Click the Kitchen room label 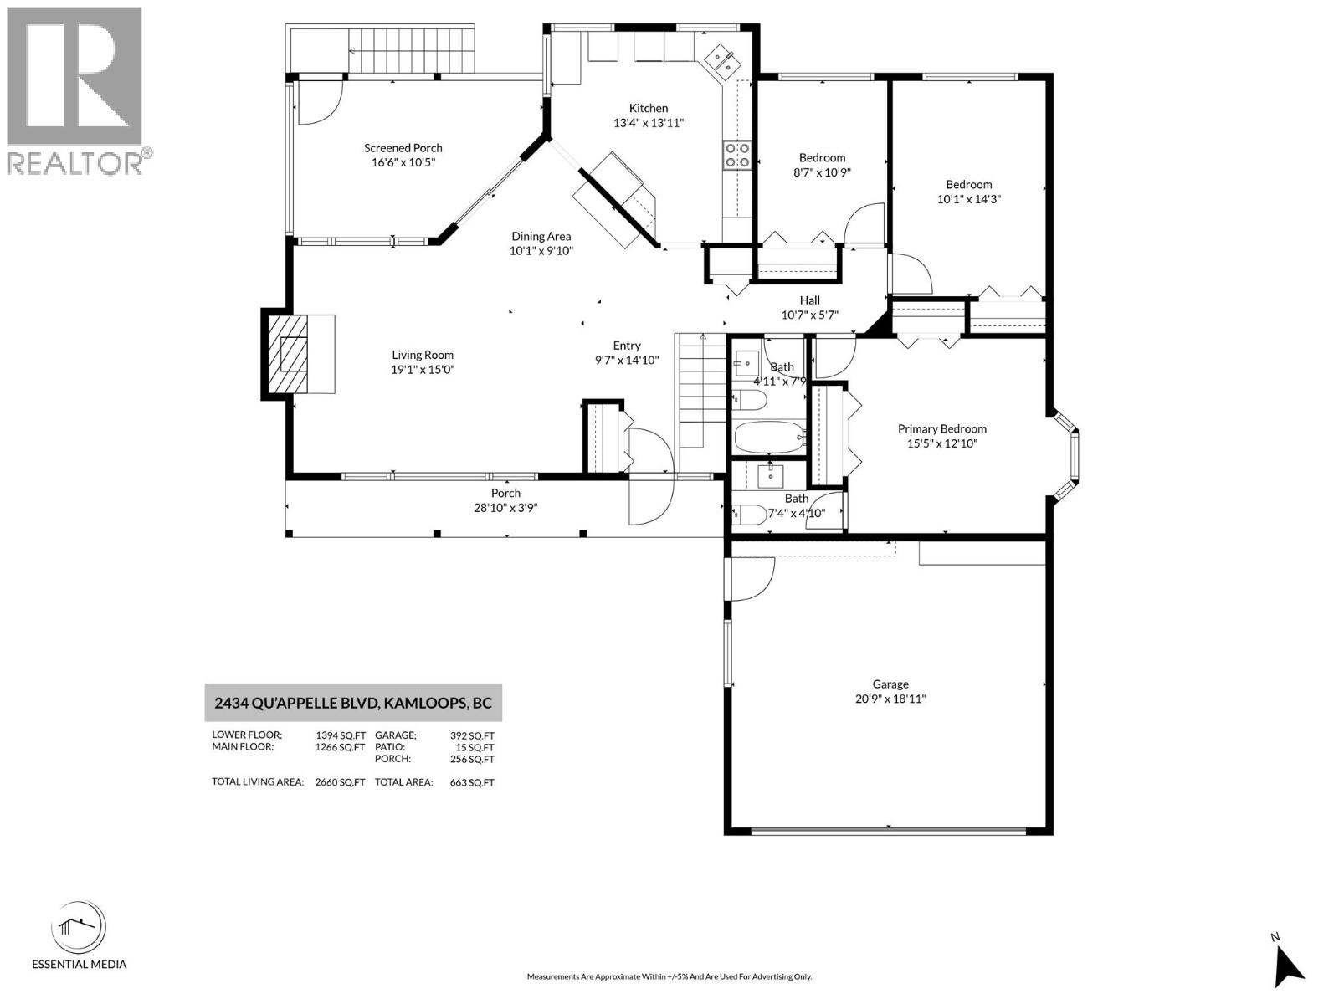(x=649, y=108)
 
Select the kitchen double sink (x=721, y=60)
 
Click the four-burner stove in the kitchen (x=736, y=155)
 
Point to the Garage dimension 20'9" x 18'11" (x=890, y=699)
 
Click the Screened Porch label (x=403, y=148)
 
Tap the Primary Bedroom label (x=941, y=428)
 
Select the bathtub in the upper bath (x=768, y=437)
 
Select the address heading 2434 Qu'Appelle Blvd (x=353, y=703)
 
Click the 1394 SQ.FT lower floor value (x=340, y=735)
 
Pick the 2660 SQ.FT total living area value (x=340, y=782)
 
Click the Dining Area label (x=541, y=237)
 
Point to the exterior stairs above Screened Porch (x=411, y=49)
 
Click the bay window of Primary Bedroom (x=1066, y=457)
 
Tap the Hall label (x=809, y=300)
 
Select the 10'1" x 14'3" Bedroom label (x=968, y=185)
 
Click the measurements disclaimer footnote (x=669, y=976)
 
